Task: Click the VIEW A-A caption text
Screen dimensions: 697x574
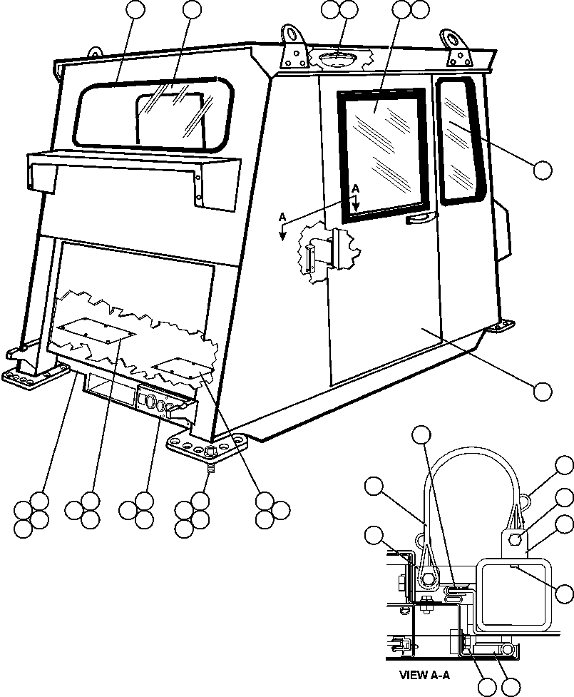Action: click(x=426, y=673)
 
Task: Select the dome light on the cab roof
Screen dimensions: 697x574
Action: click(x=338, y=58)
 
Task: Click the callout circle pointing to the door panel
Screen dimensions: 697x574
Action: click(x=543, y=390)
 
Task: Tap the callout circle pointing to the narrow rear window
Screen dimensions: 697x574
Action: click(x=543, y=170)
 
